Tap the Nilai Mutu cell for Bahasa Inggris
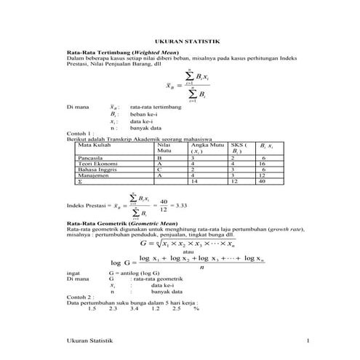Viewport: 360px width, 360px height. tap(159, 169)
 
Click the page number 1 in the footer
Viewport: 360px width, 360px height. tap(308, 341)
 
